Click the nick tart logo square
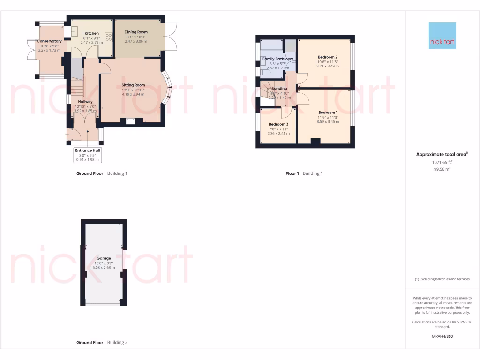coord(442,35)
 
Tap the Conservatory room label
coord(49,41)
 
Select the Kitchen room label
coord(91,33)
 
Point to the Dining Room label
coord(136,32)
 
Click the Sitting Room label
coord(133,85)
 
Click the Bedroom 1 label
coord(328,112)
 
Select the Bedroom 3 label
coord(278,124)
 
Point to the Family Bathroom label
coord(278,59)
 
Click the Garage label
coord(104,258)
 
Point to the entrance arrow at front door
coord(67,135)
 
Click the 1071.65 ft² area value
coord(442,162)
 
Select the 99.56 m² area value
coord(442,169)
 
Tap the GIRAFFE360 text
coord(442,336)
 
